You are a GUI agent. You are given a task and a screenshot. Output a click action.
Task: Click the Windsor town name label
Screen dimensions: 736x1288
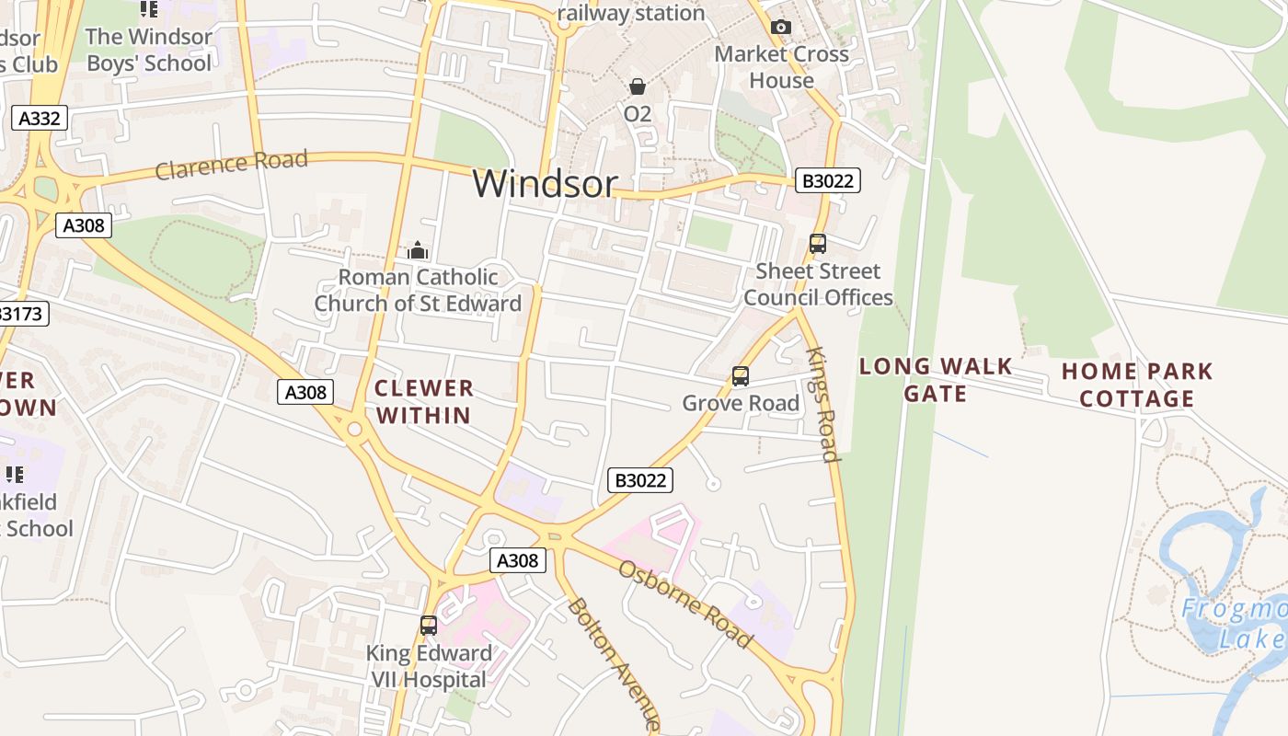pyautogui.click(x=545, y=184)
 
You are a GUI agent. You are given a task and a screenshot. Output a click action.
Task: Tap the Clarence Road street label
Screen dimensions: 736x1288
pyautogui.click(x=231, y=165)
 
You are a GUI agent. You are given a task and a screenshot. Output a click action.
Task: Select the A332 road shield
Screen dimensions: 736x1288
pyautogui.click(x=40, y=118)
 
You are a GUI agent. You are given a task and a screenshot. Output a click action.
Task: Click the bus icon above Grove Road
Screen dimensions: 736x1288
pyautogui.click(x=741, y=376)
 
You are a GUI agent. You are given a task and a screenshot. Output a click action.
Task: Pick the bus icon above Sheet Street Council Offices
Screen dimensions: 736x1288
pyautogui.click(x=817, y=244)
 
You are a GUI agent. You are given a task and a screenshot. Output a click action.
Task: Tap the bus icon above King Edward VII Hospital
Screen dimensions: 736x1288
pyautogui.click(x=429, y=626)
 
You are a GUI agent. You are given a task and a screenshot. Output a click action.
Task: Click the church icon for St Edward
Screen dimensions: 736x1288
pyautogui.click(x=418, y=250)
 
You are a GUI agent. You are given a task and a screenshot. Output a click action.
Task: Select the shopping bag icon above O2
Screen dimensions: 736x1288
pyautogui.click(x=637, y=87)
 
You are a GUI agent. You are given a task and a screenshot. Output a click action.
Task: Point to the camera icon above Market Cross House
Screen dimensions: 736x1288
pyautogui.click(x=781, y=28)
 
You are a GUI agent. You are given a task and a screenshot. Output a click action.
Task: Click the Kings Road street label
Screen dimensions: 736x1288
pyautogui.click(x=822, y=404)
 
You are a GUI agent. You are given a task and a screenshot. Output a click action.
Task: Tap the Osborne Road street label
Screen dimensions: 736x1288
pyautogui.click(x=684, y=604)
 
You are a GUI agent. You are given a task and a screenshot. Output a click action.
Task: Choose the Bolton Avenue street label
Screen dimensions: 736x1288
pyautogui.click(x=613, y=663)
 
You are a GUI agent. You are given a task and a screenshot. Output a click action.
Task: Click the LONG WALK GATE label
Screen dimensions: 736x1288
pyautogui.click(x=935, y=380)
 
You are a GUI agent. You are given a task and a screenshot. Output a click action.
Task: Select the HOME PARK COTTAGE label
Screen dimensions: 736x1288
pyautogui.click(x=1137, y=385)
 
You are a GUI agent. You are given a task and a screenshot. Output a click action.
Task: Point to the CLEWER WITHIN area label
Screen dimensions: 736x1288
pyautogui.click(x=424, y=401)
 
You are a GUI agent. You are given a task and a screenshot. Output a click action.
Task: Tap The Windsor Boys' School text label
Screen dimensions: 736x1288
pyautogui.click(x=148, y=50)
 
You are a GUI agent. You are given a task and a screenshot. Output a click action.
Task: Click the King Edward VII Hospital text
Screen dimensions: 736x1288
pyautogui.click(x=429, y=666)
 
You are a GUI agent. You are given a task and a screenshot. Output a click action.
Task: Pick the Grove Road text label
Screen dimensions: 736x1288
pyautogui.click(x=741, y=403)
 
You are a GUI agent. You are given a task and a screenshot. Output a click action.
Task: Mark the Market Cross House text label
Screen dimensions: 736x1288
pyautogui.click(x=781, y=67)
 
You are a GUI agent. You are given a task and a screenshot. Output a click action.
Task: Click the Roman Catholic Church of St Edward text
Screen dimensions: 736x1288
pyautogui.click(x=418, y=290)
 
